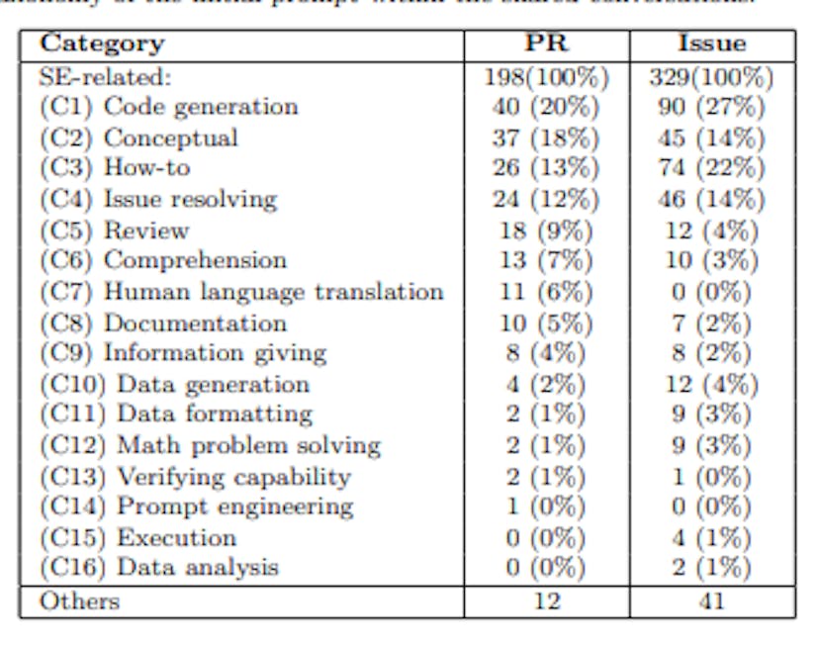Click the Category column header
(x=102, y=45)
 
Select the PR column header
(x=546, y=45)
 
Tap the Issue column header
(x=711, y=45)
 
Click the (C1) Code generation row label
(x=168, y=107)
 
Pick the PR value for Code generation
(x=546, y=107)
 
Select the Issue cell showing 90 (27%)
(x=711, y=107)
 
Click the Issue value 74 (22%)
(x=711, y=168)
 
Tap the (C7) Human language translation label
(x=241, y=292)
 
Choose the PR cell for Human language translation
(x=546, y=292)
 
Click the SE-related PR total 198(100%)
(x=546, y=76)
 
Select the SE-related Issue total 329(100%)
(x=711, y=76)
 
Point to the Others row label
(x=79, y=601)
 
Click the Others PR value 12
(x=546, y=601)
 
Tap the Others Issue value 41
(x=711, y=601)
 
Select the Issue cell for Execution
(x=711, y=537)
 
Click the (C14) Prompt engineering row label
(x=196, y=507)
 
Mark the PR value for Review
(x=546, y=231)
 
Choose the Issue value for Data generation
(x=711, y=384)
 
